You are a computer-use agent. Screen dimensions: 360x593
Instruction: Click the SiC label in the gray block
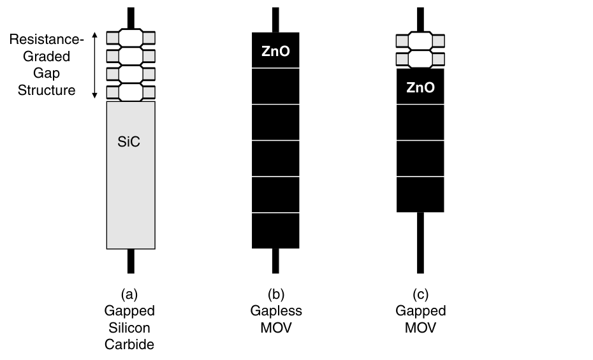click(x=128, y=143)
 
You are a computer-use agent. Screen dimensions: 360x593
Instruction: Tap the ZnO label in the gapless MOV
click(x=275, y=50)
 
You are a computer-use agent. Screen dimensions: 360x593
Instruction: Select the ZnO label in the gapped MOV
click(x=420, y=87)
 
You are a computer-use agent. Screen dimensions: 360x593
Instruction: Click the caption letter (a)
click(x=129, y=294)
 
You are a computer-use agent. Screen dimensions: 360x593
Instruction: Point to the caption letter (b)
click(x=275, y=294)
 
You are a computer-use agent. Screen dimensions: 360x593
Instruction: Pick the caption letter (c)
click(x=420, y=294)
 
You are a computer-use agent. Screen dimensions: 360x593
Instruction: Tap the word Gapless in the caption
click(x=275, y=311)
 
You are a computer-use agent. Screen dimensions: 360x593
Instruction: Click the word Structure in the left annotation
click(x=47, y=90)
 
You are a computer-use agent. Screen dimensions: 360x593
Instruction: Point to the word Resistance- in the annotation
click(x=47, y=40)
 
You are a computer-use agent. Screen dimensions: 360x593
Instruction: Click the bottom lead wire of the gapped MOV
click(x=420, y=242)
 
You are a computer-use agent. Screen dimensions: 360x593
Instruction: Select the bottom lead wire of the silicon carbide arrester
click(x=131, y=260)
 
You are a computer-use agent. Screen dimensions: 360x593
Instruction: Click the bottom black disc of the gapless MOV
click(x=275, y=231)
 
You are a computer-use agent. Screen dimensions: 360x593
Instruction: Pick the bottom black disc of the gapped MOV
click(x=420, y=195)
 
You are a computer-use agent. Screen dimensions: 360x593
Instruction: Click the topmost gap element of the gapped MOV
click(x=420, y=41)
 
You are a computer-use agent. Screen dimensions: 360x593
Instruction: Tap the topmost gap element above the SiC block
click(x=131, y=38)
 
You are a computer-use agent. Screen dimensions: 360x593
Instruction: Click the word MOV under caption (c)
click(x=420, y=328)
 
